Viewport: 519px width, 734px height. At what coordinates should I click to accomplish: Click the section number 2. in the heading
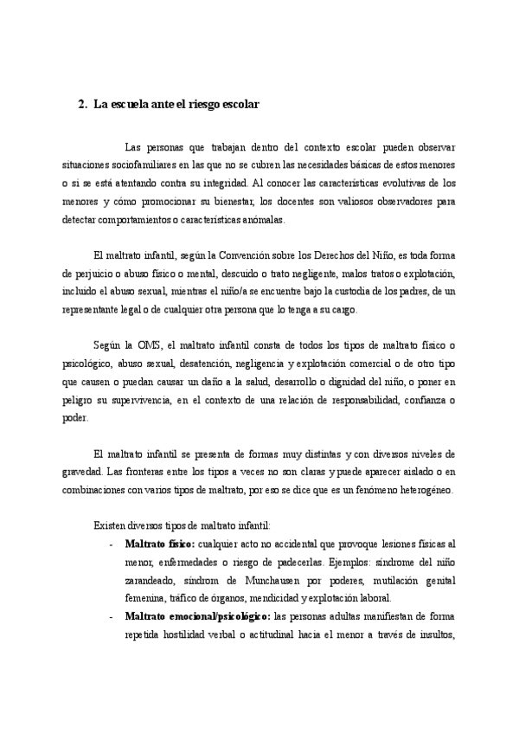[x=82, y=105]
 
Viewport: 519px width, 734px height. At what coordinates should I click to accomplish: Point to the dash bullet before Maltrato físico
[x=112, y=543]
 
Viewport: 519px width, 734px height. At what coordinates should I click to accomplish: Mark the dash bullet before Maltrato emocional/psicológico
[x=112, y=615]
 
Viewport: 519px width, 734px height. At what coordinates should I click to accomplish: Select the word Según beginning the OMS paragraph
[x=109, y=347]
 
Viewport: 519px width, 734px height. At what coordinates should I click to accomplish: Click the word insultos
[x=435, y=634]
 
